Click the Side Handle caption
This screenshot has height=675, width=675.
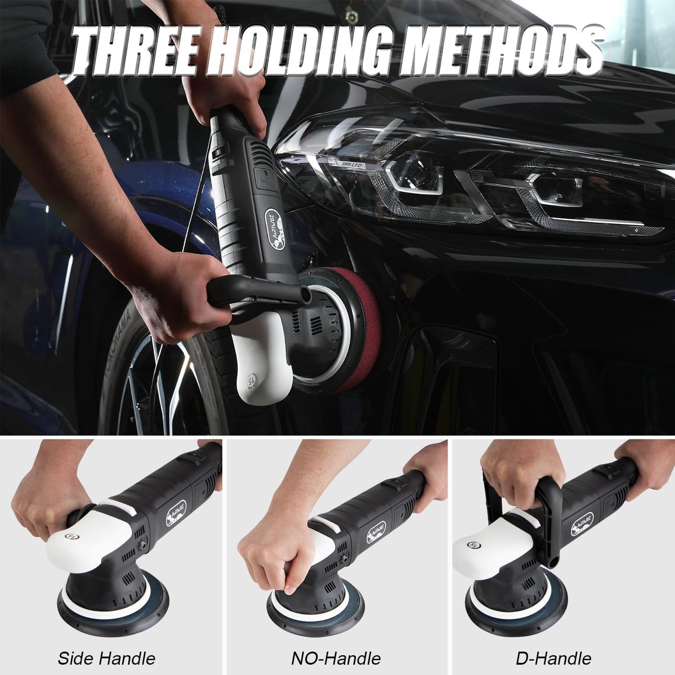pos(107,658)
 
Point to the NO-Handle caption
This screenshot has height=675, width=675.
pos(336,658)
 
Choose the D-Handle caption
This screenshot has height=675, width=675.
pos(554,658)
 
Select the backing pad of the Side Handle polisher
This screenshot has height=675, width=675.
pos(112,617)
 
